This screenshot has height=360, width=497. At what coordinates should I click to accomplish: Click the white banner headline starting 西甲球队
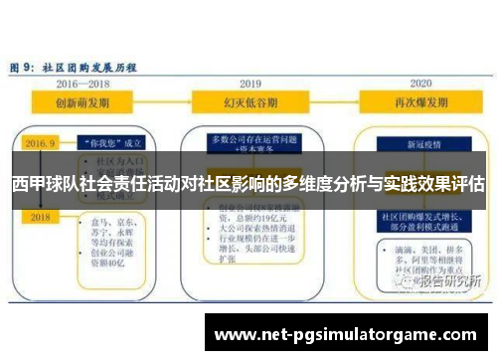pyautogui.click(x=248, y=185)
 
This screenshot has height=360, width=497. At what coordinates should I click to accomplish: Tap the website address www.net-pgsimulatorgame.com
pyautogui.click(x=347, y=333)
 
